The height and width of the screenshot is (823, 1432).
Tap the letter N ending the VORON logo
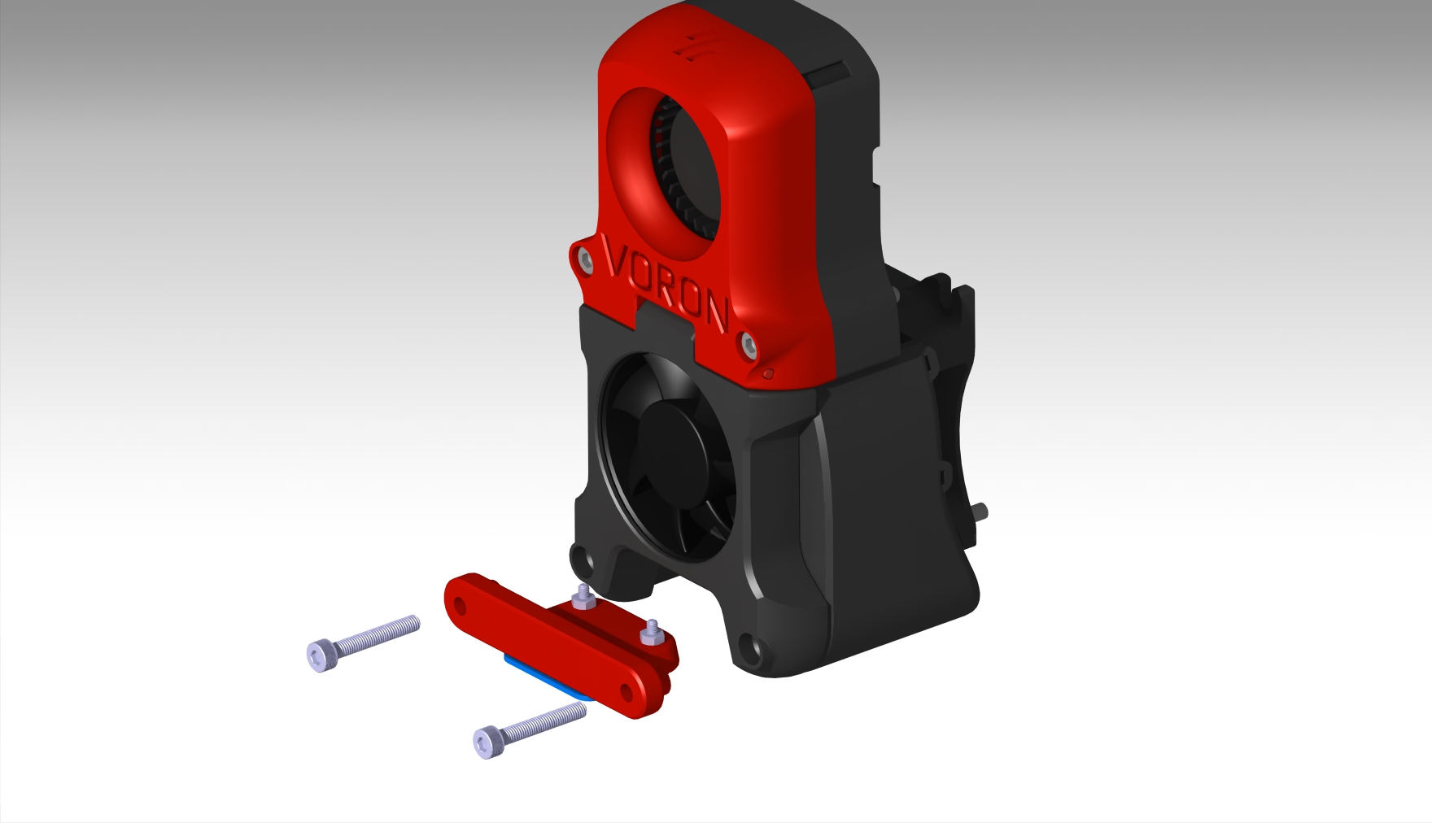(x=714, y=312)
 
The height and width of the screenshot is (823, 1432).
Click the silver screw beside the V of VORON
(x=584, y=259)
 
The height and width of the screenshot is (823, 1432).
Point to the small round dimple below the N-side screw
(x=768, y=374)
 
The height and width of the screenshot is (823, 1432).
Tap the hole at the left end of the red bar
(x=460, y=605)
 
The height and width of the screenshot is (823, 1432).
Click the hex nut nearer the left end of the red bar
(x=583, y=600)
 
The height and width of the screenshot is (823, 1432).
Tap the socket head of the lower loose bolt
(x=487, y=742)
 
